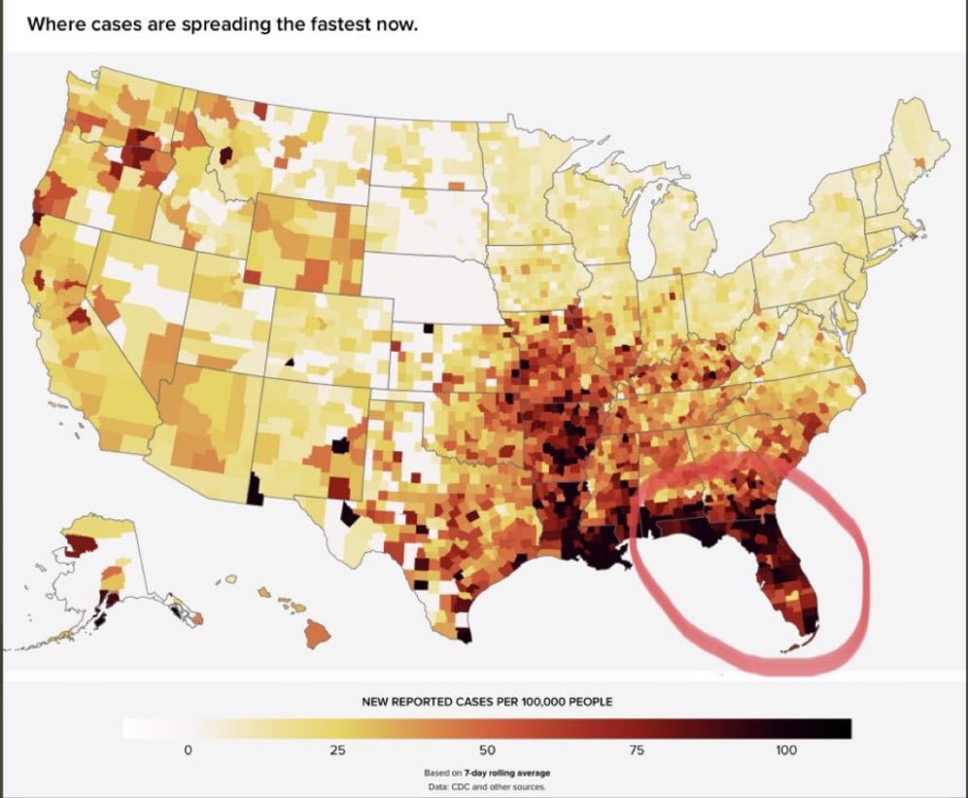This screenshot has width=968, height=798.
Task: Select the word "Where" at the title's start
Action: [x=52, y=24]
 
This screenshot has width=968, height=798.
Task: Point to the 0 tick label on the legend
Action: [x=189, y=750]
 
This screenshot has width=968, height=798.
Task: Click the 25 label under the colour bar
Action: [x=337, y=750]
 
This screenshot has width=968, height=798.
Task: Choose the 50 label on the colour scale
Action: [x=487, y=750]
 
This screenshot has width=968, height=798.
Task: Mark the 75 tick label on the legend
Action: [x=637, y=750]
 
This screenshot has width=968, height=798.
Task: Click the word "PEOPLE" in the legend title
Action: [x=586, y=702]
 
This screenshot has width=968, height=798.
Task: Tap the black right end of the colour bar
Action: [x=841, y=728]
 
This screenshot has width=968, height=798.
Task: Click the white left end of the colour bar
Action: [x=136, y=728]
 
